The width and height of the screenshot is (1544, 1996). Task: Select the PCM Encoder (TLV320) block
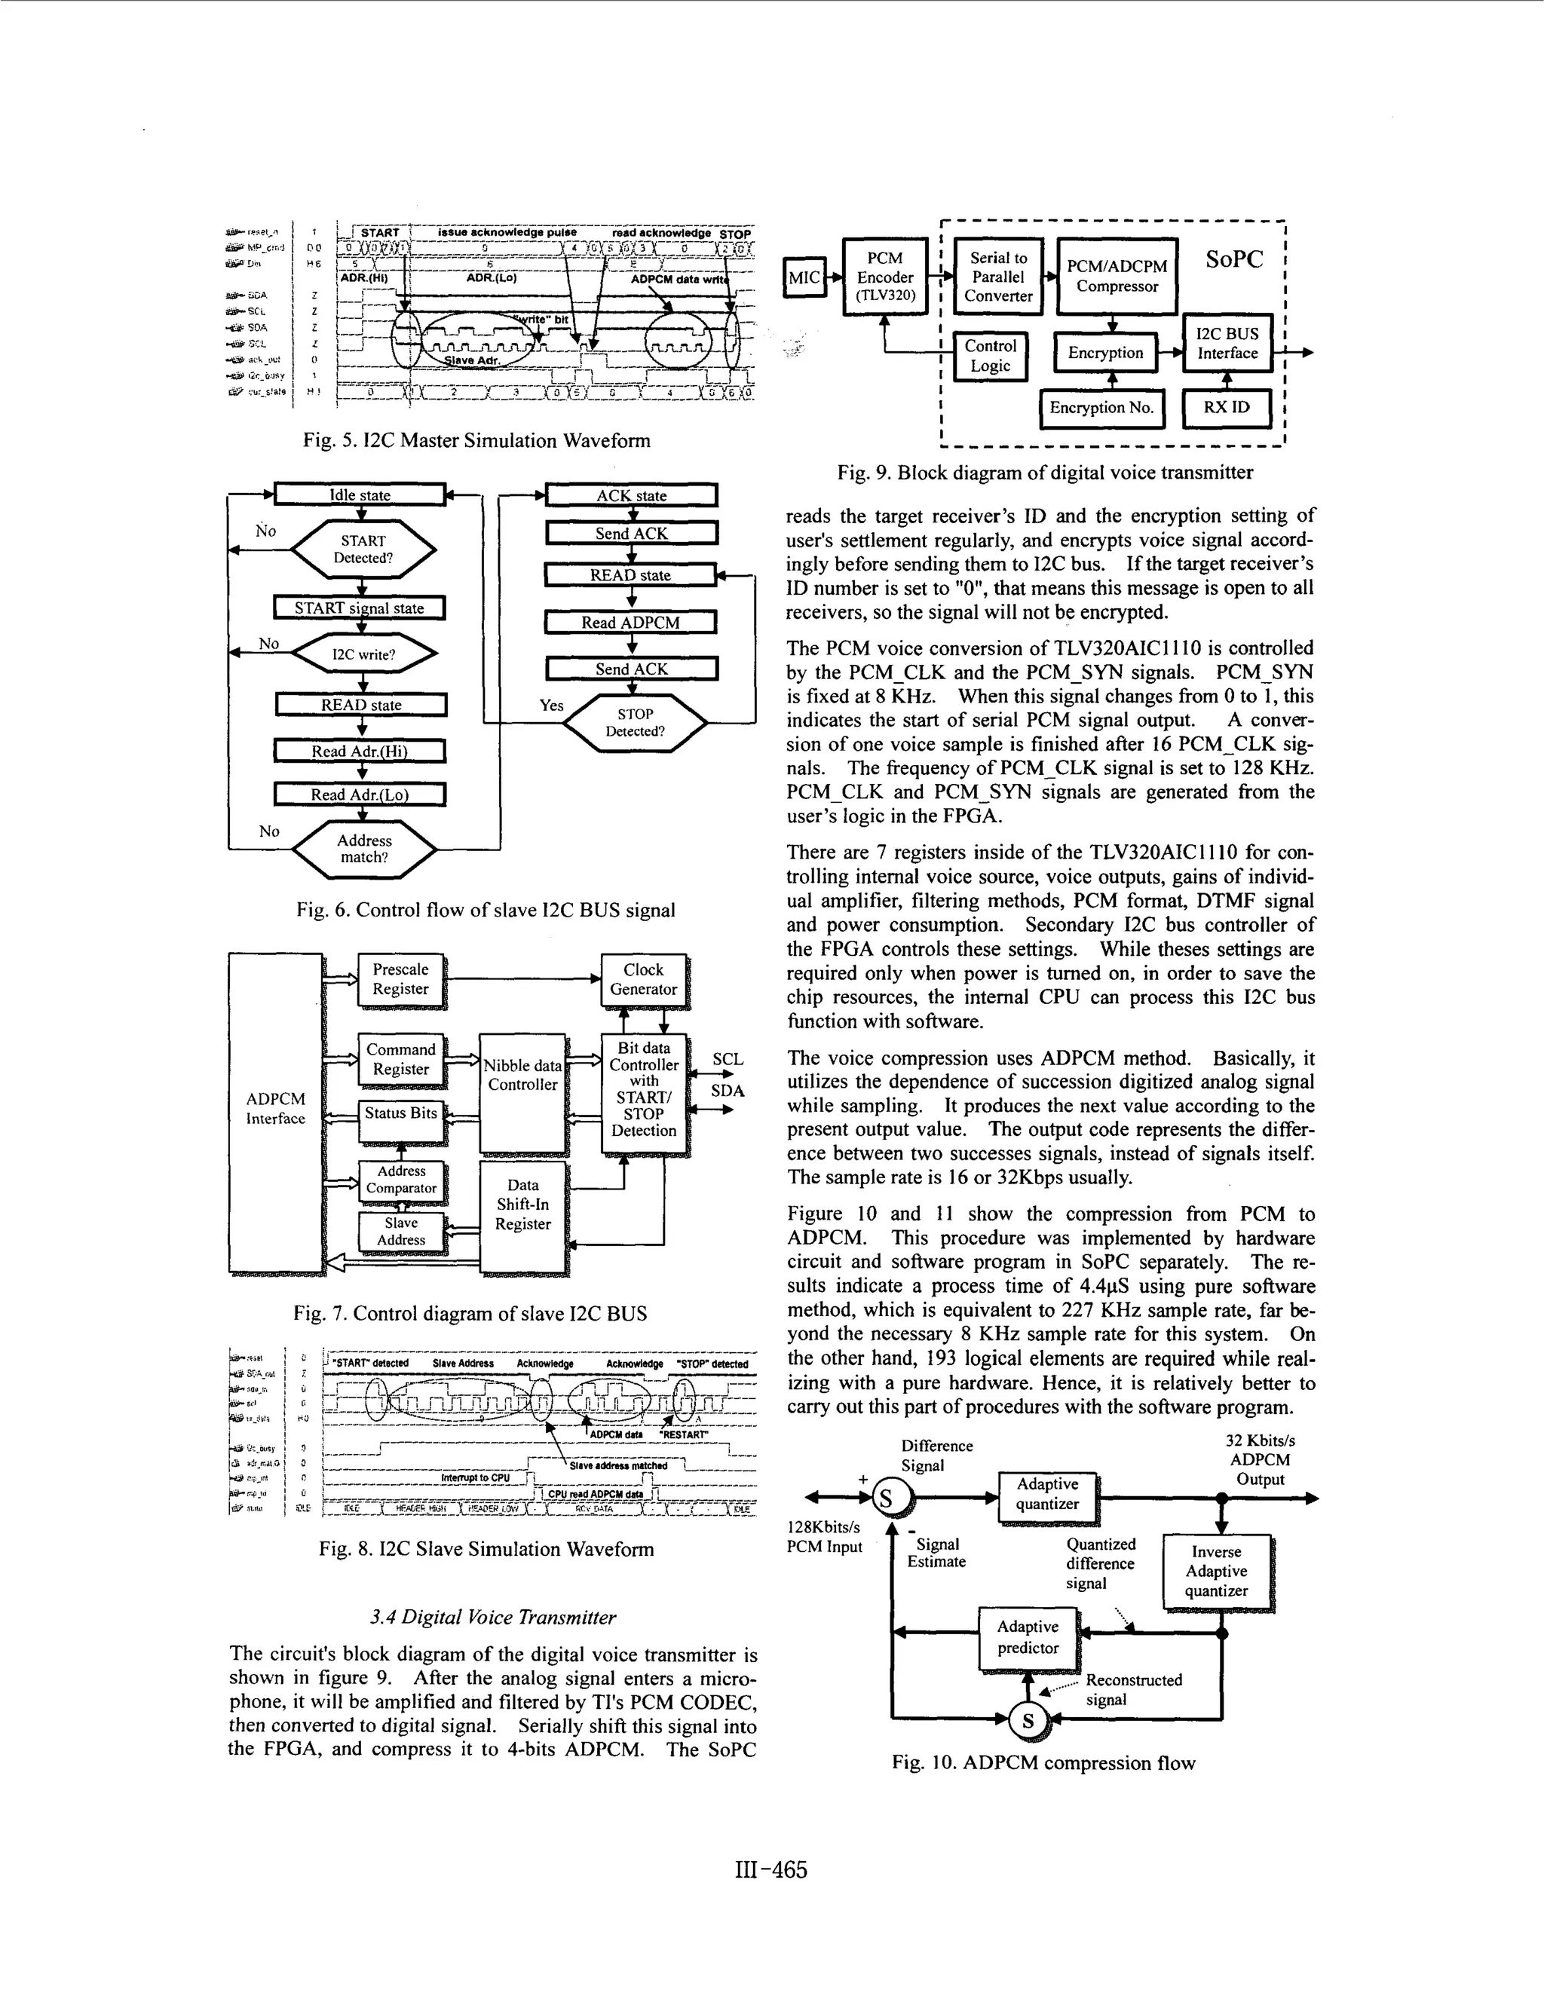[x=884, y=277]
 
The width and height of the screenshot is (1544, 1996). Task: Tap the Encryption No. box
[x=1101, y=409]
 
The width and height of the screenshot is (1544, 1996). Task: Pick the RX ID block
[x=1226, y=408]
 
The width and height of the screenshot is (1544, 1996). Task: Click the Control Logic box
[x=990, y=357]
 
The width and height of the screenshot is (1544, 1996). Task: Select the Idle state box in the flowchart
[x=360, y=495]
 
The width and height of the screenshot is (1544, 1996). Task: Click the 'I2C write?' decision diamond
[x=363, y=654]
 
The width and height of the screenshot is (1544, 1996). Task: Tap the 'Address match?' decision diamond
[x=364, y=849]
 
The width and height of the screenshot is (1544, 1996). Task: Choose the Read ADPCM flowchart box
[x=631, y=623]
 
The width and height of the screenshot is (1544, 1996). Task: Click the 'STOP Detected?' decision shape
[x=635, y=723]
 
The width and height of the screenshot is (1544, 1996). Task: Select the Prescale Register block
[x=400, y=980]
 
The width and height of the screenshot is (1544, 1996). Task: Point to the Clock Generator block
[x=644, y=980]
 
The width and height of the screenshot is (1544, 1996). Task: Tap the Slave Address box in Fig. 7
[x=401, y=1232]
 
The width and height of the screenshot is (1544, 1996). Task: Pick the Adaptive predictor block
[x=1028, y=1638]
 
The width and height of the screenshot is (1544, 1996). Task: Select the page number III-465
[x=770, y=1871]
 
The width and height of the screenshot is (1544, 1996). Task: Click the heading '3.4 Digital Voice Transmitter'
[x=493, y=1618]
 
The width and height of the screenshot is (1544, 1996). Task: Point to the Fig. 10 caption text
[x=1043, y=1764]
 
